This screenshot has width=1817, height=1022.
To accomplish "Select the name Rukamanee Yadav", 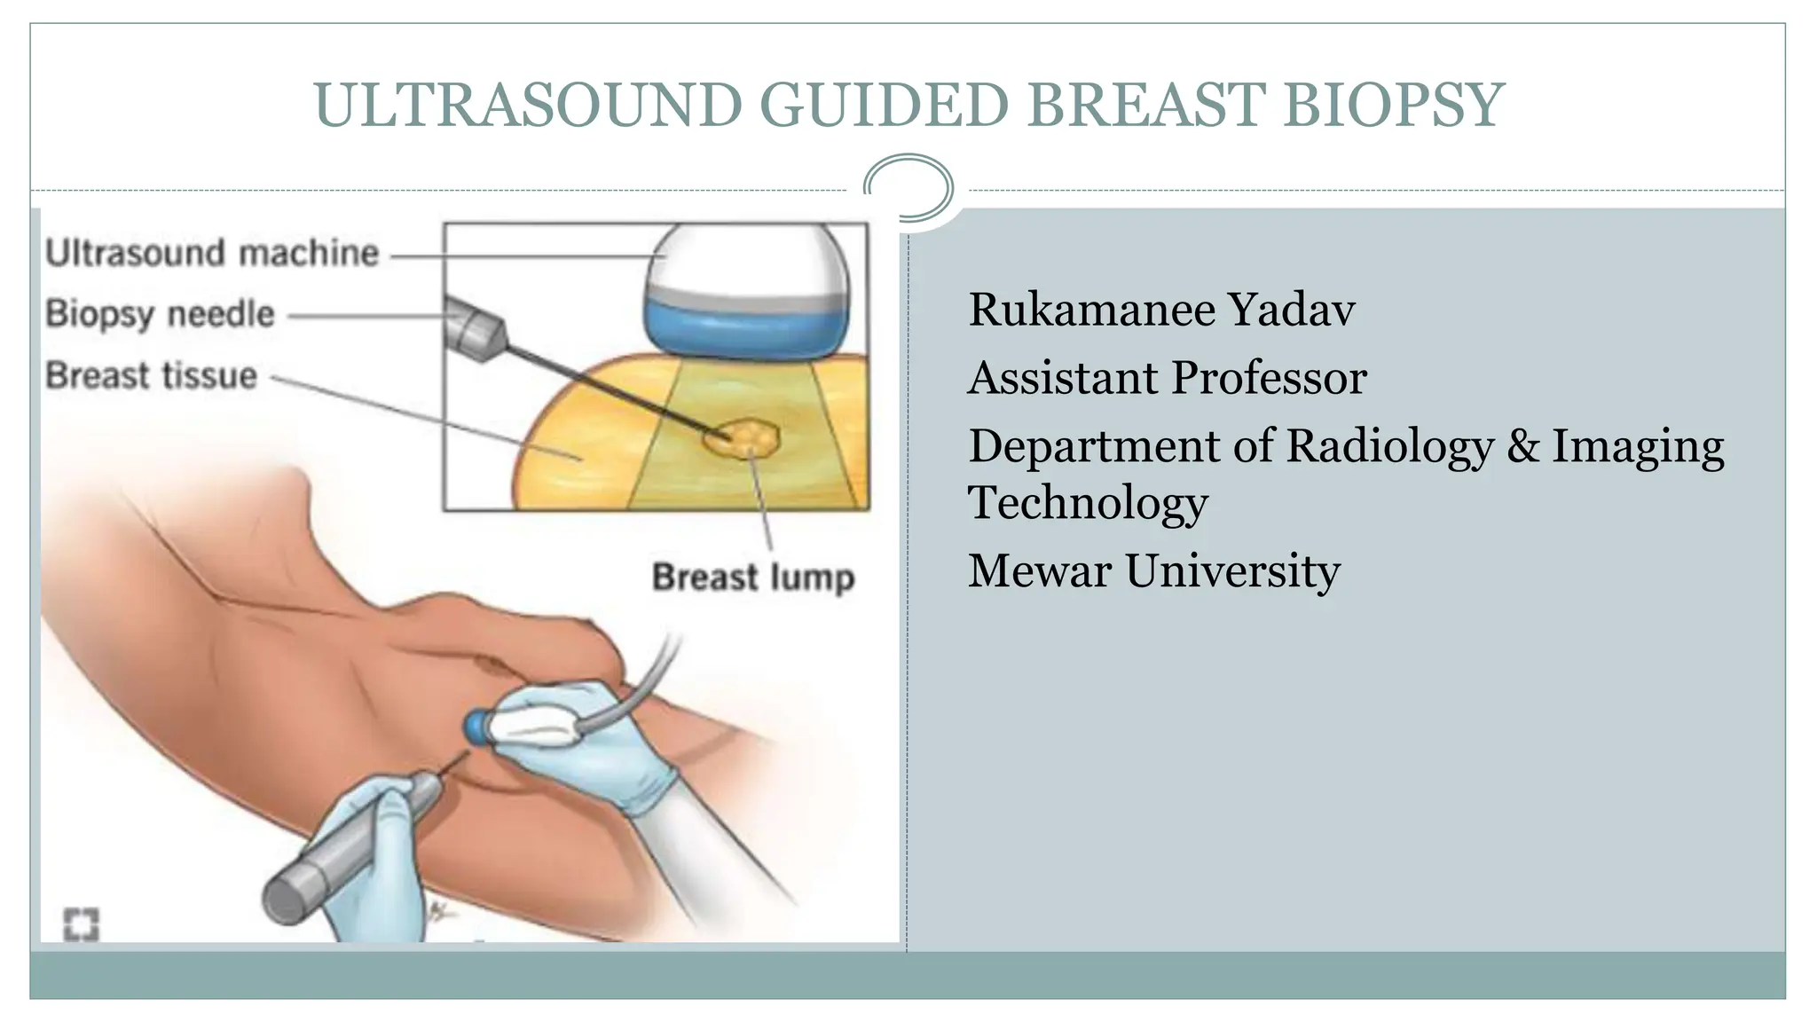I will (1160, 310).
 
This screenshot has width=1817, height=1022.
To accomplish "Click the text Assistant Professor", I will (1167, 378).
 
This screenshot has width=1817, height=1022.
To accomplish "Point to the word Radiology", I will (1389, 445).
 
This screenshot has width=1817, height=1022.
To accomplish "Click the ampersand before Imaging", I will (1522, 445).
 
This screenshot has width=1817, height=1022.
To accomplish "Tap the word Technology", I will (1087, 503).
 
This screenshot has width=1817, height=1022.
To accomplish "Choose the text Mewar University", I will (1153, 570).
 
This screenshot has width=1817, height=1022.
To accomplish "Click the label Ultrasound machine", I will (212, 254).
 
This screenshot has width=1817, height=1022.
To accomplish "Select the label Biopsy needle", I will (160, 314).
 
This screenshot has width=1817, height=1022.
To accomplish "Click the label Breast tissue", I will (151, 375).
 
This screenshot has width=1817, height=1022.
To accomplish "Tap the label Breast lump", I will (752, 578).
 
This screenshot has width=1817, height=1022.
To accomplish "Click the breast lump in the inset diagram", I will (743, 437).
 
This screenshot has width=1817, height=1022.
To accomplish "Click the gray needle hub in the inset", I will (475, 330).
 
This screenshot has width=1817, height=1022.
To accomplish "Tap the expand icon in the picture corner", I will (81, 924).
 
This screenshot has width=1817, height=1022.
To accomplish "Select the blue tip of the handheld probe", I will (477, 727).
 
